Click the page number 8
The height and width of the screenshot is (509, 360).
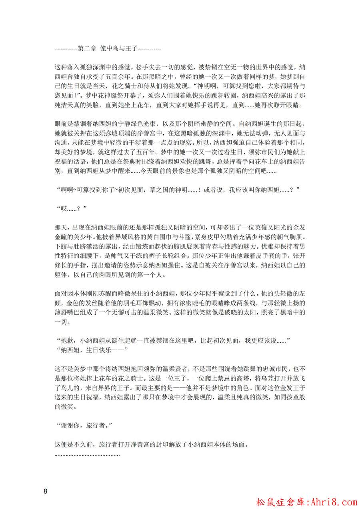46,491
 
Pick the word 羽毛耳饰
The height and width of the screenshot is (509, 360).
144,305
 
